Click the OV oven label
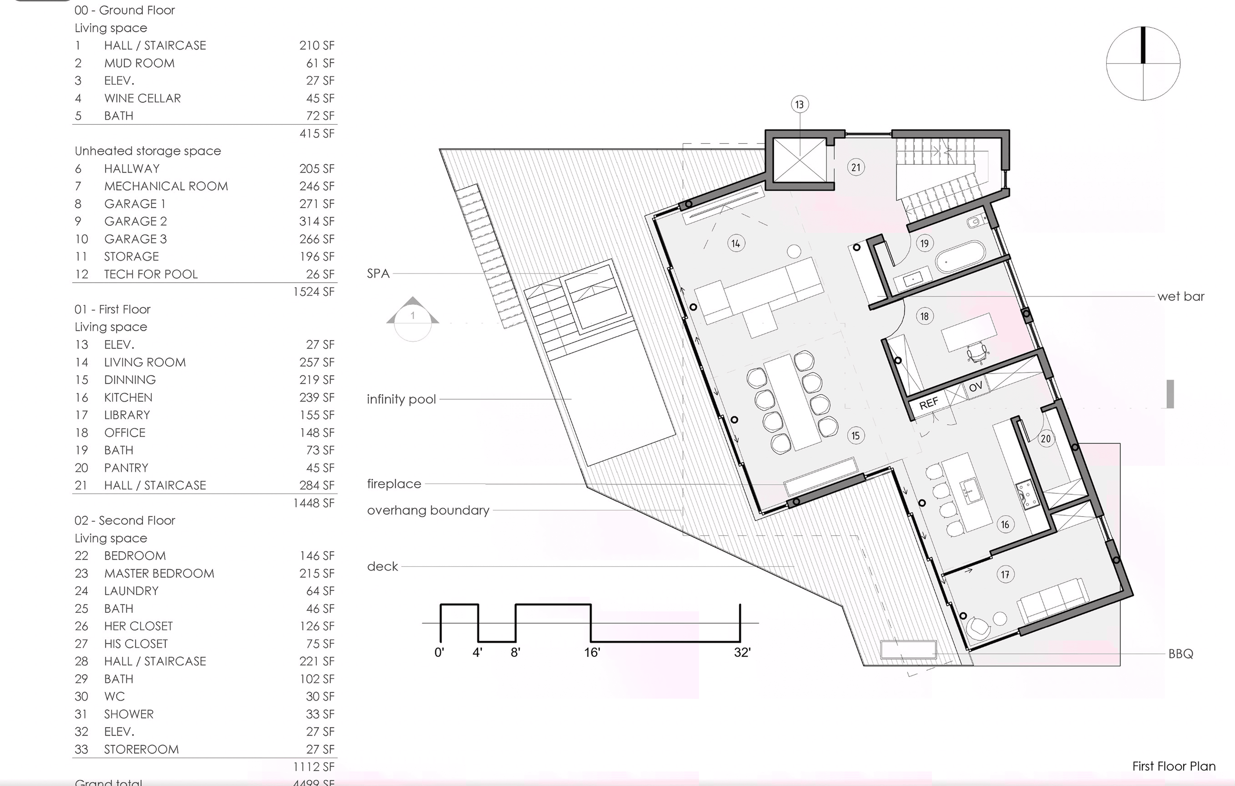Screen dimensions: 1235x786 click(975, 386)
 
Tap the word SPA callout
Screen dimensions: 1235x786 click(378, 273)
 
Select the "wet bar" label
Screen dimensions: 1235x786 click(1181, 296)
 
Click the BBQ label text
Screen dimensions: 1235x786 click(1181, 654)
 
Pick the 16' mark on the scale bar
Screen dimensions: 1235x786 click(592, 652)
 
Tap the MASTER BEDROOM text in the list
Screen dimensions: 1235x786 click(159, 573)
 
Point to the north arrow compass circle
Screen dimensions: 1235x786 click(1143, 64)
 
